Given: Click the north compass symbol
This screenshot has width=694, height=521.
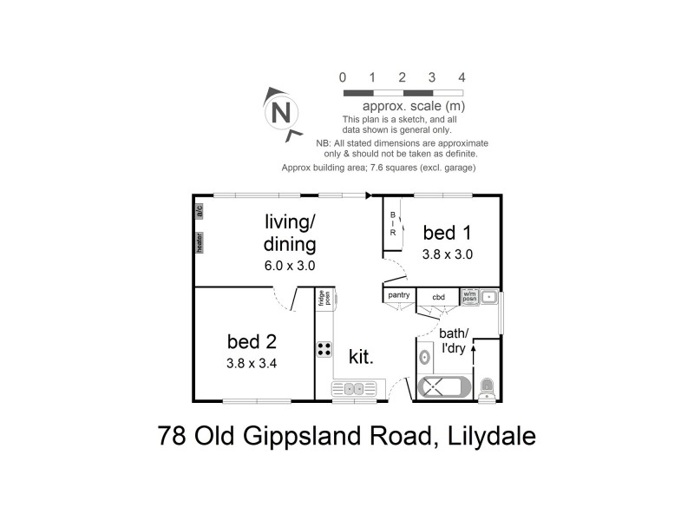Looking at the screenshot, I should tap(279, 113).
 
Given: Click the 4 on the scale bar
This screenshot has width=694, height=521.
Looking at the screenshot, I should tap(462, 77).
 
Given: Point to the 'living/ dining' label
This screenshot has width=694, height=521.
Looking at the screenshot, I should tap(290, 232).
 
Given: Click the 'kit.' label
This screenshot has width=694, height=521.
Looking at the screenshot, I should tap(361, 356).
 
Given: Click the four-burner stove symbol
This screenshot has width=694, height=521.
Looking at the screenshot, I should tap(325, 349).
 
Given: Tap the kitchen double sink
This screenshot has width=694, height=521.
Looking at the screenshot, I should tap(356, 388).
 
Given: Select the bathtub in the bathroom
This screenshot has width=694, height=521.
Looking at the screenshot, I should tap(444, 387).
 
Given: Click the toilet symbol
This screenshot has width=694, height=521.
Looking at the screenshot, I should tap(487, 387).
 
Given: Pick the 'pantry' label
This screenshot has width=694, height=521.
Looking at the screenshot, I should tap(399, 295).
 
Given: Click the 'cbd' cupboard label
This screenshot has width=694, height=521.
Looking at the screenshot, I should tap(438, 296).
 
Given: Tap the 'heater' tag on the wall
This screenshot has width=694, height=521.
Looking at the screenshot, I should tap(200, 242).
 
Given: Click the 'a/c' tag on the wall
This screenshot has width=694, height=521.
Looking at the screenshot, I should tap(199, 210).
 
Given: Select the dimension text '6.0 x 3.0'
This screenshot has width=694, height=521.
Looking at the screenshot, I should tap(290, 266).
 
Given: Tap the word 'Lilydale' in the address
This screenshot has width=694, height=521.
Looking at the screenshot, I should tap(489, 434).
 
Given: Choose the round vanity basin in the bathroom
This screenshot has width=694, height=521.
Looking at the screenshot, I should tap(425, 356).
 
